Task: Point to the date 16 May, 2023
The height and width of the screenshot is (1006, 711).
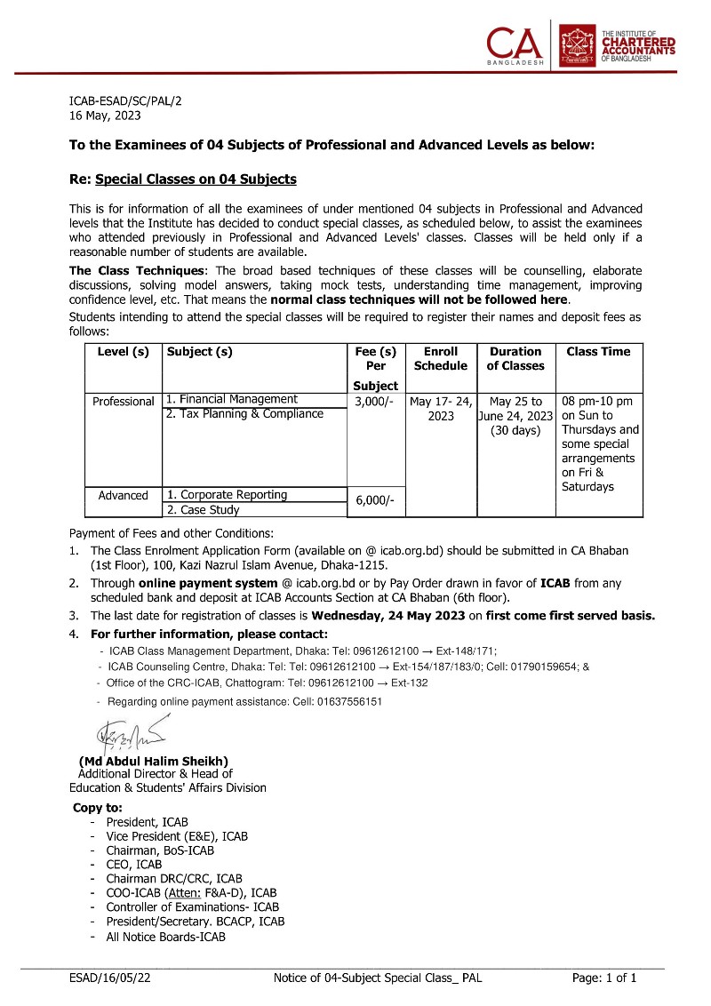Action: coord(105,115)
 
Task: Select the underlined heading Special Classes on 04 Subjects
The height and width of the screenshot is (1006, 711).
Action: coord(196,180)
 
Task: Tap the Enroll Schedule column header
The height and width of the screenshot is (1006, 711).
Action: coord(441,358)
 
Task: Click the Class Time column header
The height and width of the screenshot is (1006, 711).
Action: coord(598,352)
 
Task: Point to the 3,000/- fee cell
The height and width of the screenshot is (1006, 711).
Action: coord(375,402)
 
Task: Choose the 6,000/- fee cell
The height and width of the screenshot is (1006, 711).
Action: coord(375,501)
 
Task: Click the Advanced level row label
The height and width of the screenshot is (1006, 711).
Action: coord(123,496)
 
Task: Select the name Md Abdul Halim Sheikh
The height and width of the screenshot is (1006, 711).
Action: coord(154,761)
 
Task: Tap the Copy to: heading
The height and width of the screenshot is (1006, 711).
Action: coord(98,808)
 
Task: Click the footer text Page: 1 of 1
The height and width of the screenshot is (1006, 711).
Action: coord(604,978)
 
